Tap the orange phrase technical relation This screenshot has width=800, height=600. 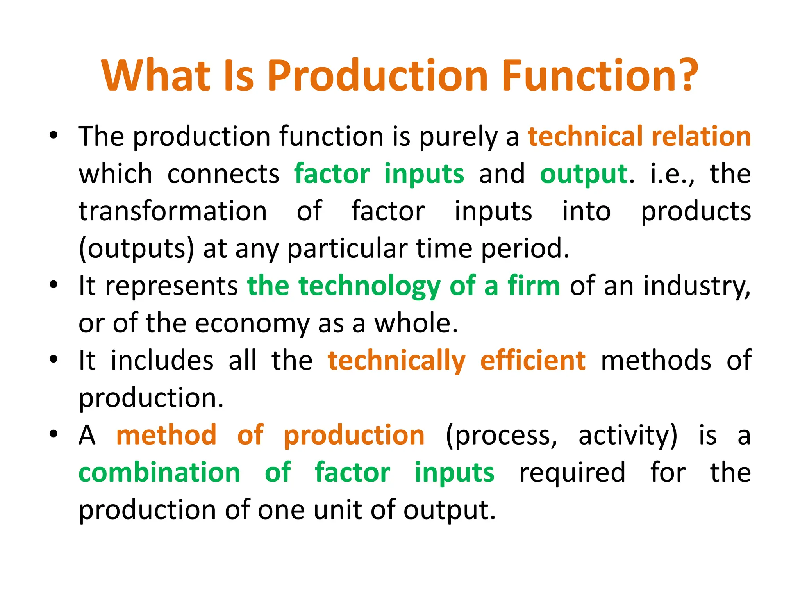(x=639, y=136)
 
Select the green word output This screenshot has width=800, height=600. (x=584, y=174)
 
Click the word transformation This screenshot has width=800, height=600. (x=173, y=211)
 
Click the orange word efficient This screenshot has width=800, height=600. (x=533, y=361)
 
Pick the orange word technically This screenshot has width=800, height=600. (x=396, y=361)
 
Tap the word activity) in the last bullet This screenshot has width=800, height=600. (x=628, y=436)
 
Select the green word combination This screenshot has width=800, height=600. (x=159, y=472)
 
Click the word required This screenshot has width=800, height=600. (x=572, y=472)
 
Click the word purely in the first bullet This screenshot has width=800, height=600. (x=458, y=137)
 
